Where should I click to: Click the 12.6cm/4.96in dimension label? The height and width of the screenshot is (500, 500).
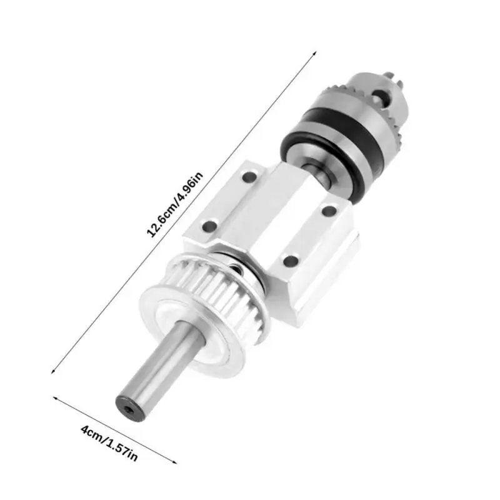(x=174, y=205)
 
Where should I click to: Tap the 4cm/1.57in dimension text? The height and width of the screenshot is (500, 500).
(x=109, y=443)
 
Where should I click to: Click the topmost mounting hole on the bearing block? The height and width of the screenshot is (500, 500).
(x=249, y=176)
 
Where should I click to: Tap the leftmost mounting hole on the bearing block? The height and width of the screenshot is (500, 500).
(x=210, y=226)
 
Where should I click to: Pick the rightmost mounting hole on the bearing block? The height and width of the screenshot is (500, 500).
(x=329, y=211)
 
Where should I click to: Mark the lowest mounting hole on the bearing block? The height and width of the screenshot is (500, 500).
(x=291, y=261)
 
